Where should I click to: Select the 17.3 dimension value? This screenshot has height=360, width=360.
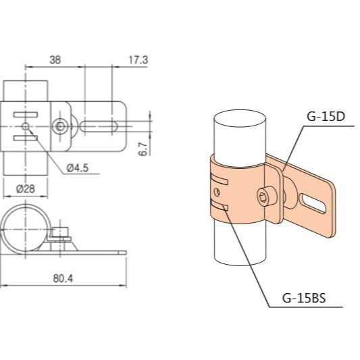coord(138,59)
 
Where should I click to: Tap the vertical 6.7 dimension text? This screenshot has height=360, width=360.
coord(143,149)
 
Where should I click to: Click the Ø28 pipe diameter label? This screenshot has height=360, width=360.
coord(25,188)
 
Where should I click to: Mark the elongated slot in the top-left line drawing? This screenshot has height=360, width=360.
coord(101,125)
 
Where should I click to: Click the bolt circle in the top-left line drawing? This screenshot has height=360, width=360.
coord(61,125)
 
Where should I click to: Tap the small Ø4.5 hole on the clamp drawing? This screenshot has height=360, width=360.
coord(26,126)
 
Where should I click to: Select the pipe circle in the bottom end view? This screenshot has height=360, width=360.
coord(26,230)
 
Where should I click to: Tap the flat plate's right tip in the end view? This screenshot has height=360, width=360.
coord(124,252)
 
